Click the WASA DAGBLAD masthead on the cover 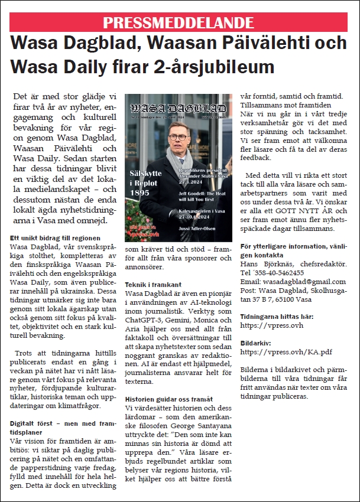tap(177, 110)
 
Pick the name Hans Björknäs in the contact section tap(263, 264)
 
